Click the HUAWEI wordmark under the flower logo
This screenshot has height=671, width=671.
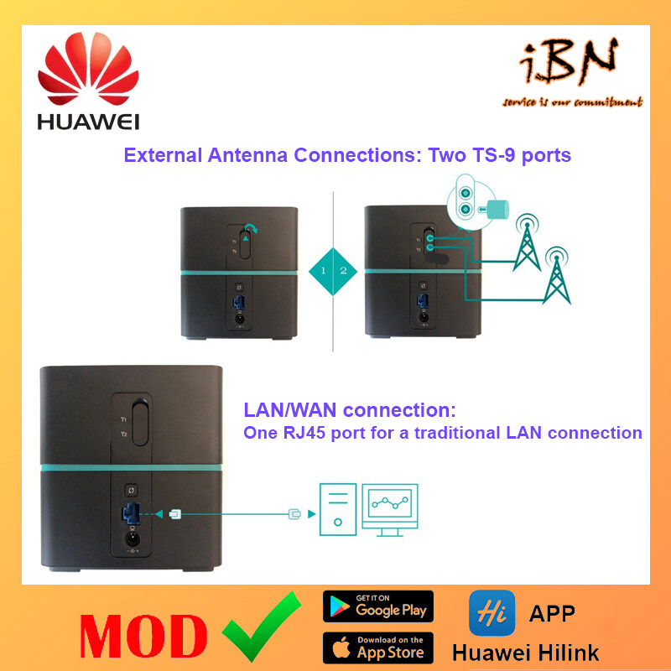click(x=88, y=122)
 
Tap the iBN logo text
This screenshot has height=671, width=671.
click(x=571, y=66)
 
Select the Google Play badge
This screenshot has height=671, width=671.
click(x=377, y=606)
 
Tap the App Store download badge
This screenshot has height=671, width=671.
click(x=377, y=648)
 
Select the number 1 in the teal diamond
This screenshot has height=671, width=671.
click(x=323, y=270)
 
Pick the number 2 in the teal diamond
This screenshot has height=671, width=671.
click(x=343, y=270)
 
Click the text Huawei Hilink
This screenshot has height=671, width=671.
click(x=525, y=652)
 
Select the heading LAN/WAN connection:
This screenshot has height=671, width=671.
click(x=350, y=411)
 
